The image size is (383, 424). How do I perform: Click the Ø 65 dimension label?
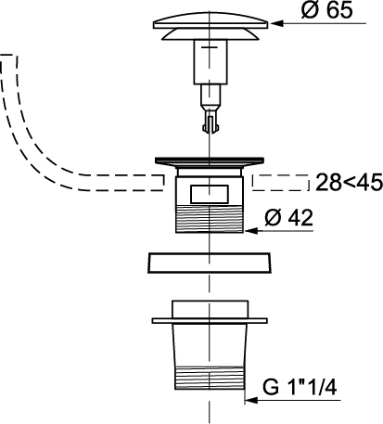point(326,11)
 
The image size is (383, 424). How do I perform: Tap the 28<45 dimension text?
point(349,183)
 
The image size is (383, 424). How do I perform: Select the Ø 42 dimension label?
point(288,217)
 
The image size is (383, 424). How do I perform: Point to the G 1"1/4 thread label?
point(300,387)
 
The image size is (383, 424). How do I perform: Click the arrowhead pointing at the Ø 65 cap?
point(275,23)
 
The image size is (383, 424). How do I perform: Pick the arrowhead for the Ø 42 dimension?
point(250,231)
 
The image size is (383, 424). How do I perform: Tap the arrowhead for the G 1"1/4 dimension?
point(251,400)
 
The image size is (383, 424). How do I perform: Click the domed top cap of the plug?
point(211,20)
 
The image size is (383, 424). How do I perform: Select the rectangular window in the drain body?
point(210,194)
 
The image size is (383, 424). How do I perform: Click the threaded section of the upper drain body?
point(210,219)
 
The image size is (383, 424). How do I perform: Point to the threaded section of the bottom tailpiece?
point(210,378)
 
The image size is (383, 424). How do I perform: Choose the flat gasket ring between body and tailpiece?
point(210,263)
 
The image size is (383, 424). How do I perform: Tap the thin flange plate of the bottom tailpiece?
point(210,320)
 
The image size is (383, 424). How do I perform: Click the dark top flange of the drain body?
point(210,161)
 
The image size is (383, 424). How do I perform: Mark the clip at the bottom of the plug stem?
point(211,123)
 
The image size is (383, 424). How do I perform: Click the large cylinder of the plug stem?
point(211,62)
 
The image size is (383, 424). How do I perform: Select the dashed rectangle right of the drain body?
point(280,183)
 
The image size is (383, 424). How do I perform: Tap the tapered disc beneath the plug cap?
point(211,34)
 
